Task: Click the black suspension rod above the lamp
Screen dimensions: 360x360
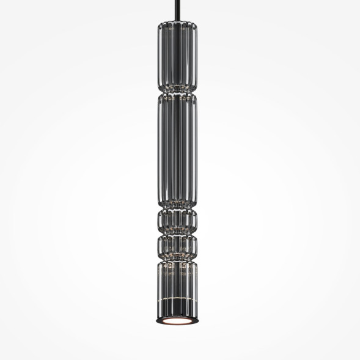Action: click(x=179, y=9)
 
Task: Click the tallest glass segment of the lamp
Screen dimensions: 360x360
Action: click(x=179, y=150)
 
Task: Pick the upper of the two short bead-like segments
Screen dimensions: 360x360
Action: click(x=179, y=221)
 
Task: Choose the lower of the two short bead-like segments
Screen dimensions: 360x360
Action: click(x=179, y=246)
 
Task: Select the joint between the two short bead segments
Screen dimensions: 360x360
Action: click(x=179, y=233)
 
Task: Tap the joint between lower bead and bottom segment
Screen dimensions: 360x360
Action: click(x=179, y=259)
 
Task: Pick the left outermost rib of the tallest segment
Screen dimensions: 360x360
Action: click(x=160, y=150)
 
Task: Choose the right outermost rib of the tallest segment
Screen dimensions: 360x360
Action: click(x=199, y=150)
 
